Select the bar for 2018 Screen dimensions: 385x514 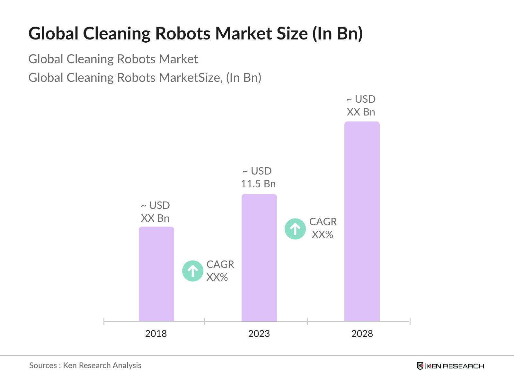156,274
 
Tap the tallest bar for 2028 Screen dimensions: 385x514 362,221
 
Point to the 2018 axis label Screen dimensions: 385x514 156,334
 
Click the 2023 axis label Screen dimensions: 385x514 259,334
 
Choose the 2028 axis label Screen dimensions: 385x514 362,334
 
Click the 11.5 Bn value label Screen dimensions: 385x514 258,184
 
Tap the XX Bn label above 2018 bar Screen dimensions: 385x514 155,218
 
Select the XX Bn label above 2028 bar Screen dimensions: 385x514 361,112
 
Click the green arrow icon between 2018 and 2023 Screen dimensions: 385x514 193,271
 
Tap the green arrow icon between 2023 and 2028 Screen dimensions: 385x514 295,229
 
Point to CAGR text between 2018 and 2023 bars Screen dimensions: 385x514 220,264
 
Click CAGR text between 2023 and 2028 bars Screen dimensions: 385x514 323,222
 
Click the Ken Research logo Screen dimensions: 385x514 450,366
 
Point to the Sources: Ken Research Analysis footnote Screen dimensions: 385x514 85,365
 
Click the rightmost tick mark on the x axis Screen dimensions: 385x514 410,321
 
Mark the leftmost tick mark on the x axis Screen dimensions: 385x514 104,321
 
